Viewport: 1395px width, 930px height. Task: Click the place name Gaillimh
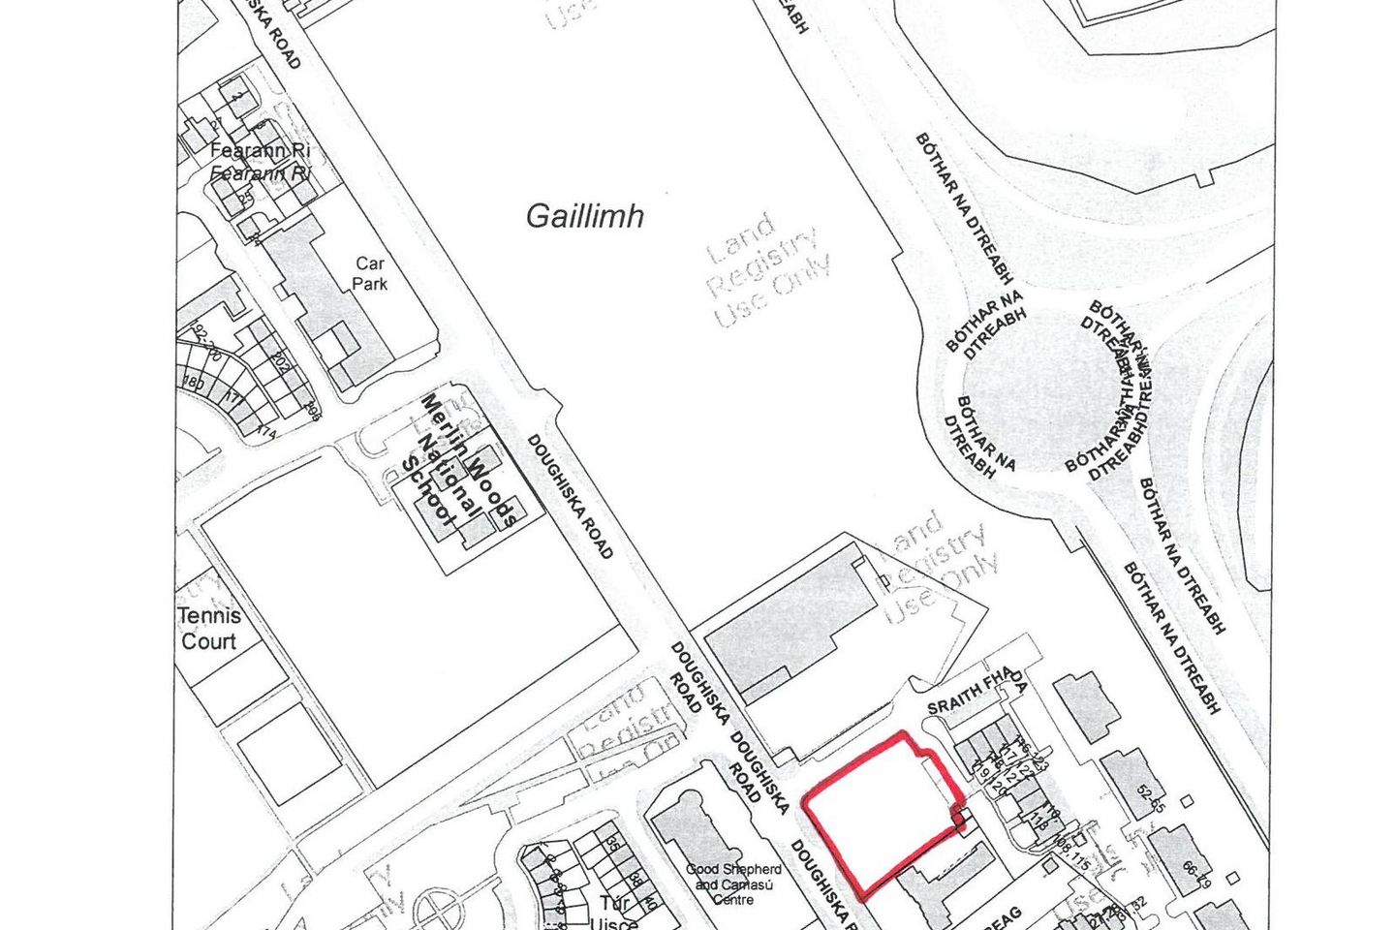click(584, 216)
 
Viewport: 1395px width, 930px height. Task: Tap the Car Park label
click(369, 273)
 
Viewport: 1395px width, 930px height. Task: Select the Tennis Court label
click(208, 628)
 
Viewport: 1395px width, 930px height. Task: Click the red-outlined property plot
click(877, 812)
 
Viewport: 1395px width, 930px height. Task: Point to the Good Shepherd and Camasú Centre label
click(733, 883)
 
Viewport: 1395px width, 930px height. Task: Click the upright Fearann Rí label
click(260, 151)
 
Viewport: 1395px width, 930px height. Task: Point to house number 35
click(612, 842)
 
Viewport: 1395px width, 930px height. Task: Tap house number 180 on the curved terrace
click(194, 383)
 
